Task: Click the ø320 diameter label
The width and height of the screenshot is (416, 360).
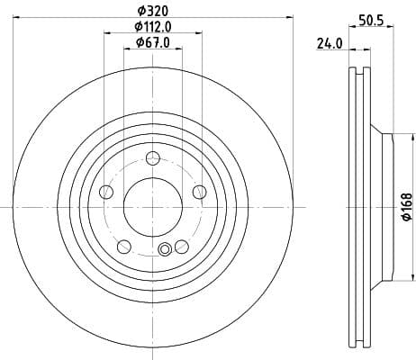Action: coord(152,10)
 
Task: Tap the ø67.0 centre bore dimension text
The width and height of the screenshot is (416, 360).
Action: coord(152,42)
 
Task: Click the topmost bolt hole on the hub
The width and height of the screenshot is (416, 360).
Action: coord(152,159)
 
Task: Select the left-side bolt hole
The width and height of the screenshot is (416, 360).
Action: coord(106,192)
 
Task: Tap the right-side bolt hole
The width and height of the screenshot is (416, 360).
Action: coord(198,191)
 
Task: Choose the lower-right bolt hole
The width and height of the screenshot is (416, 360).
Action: coord(181,246)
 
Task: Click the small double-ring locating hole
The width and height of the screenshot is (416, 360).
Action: coord(164,250)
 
